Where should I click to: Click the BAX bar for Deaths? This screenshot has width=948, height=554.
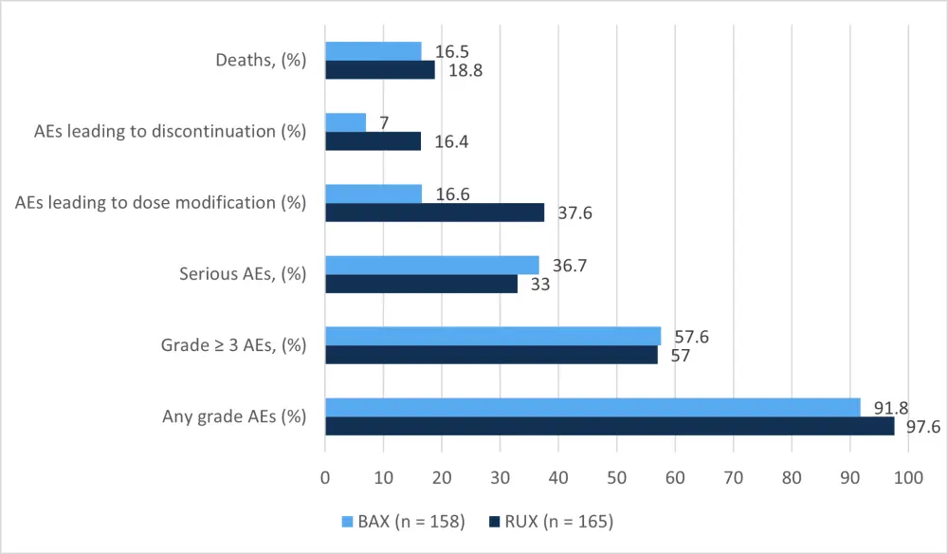tap(374, 51)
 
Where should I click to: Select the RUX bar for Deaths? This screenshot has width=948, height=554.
tap(380, 69)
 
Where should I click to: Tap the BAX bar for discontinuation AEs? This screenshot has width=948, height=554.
tap(346, 122)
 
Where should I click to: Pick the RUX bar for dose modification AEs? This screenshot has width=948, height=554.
tap(435, 212)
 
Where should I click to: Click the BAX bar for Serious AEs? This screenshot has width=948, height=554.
tap(432, 265)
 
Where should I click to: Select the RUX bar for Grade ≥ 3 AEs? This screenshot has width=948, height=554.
tap(491, 355)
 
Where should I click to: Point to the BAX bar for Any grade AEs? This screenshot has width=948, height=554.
tap(592, 408)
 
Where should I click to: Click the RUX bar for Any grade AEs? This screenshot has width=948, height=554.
tap(610, 426)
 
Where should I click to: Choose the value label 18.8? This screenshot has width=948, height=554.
tap(465, 70)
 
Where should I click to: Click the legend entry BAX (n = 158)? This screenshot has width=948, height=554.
tap(403, 521)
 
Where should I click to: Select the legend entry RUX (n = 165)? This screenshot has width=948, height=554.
tap(552, 521)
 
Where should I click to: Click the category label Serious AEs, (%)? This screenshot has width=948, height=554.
tap(243, 274)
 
